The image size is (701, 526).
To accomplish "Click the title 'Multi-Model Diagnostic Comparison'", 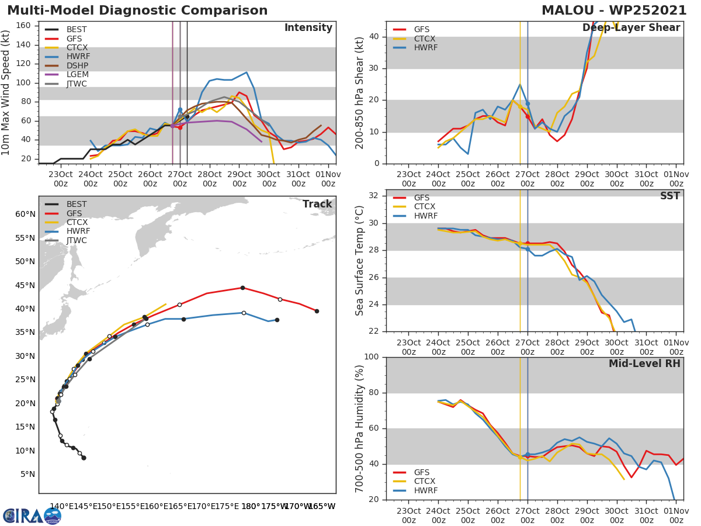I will click(137, 11).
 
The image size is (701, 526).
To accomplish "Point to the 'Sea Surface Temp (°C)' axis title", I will click(360, 261).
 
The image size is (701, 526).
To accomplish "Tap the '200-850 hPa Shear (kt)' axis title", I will click(360, 92).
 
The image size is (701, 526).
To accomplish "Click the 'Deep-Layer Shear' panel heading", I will click(631, 28).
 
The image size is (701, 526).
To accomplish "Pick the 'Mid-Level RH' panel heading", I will click(644, 364).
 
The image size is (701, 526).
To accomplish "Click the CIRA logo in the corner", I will click(32, 515).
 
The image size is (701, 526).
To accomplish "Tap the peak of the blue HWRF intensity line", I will click(247, 72).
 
